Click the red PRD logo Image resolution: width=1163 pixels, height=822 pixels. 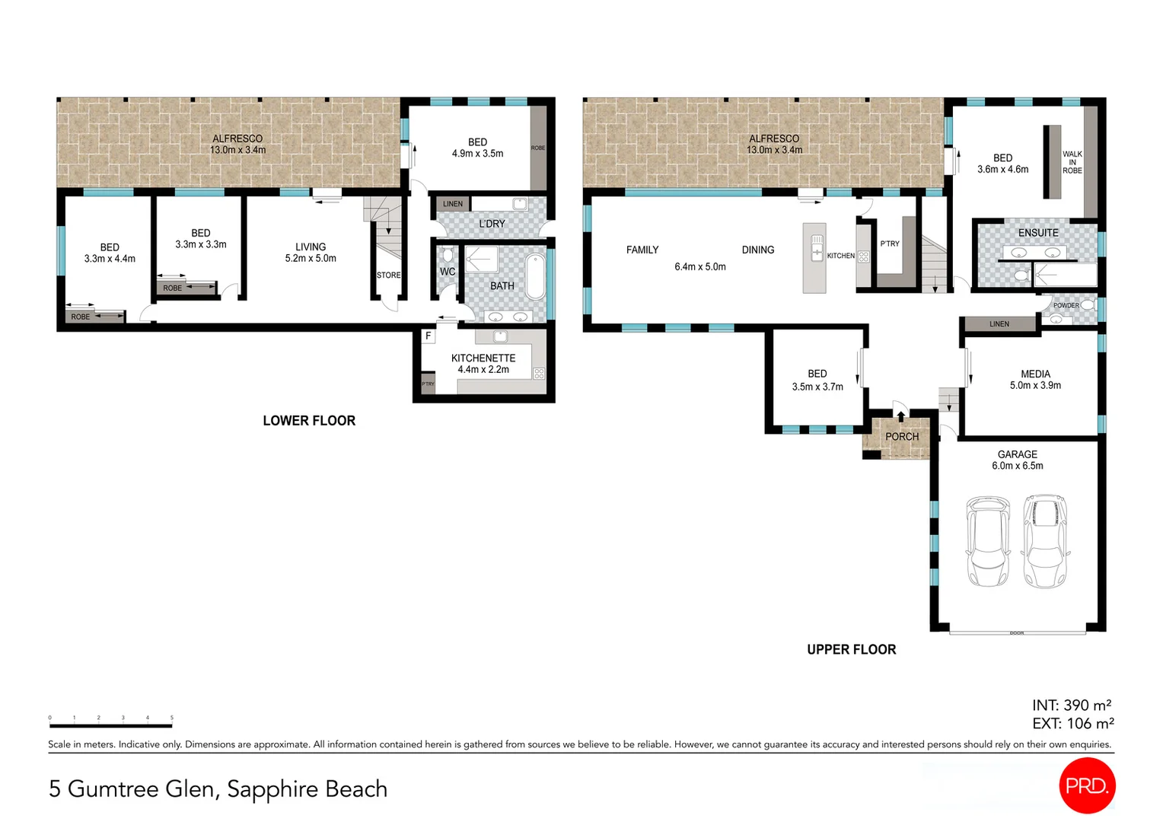tap(1086, 785)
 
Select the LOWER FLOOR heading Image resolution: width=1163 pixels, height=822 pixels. tap(309, 421)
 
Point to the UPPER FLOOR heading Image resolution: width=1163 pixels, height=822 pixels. tap(851, 649)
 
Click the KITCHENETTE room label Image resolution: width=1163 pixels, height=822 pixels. tap(483, 358)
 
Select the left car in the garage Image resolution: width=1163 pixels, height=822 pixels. tap(987, 541)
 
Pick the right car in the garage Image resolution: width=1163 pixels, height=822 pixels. tap(1045, 541)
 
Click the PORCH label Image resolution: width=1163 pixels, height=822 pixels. tap(902, 437)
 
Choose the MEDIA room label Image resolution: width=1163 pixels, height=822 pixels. tap(1035, 374)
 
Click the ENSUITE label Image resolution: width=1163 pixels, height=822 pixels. tap(1038, 233)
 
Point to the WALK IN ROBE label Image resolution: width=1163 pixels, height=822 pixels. tap(1072, 162)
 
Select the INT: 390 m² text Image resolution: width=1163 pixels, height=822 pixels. tap(1072, 706)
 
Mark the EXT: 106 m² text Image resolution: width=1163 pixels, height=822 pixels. tap(1072, 724)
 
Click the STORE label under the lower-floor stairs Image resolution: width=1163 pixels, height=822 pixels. tap(388, 276)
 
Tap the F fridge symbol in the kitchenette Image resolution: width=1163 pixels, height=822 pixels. tap(429, 336)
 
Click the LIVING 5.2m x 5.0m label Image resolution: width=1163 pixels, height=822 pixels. tap(311, 253)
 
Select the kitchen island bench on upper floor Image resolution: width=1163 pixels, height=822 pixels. tap(814, 258)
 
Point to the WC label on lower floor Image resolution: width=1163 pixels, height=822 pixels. tap(448, 272)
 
